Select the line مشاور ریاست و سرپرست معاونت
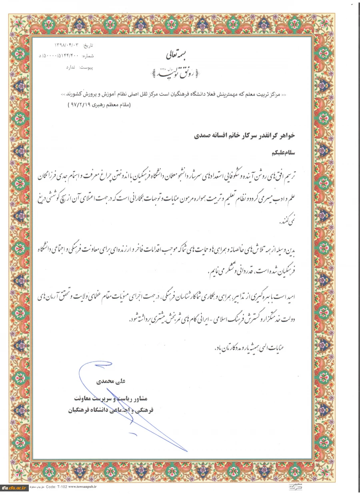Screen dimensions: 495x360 106,399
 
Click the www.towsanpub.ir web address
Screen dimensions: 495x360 83,487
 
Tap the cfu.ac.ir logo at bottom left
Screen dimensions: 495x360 14,488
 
